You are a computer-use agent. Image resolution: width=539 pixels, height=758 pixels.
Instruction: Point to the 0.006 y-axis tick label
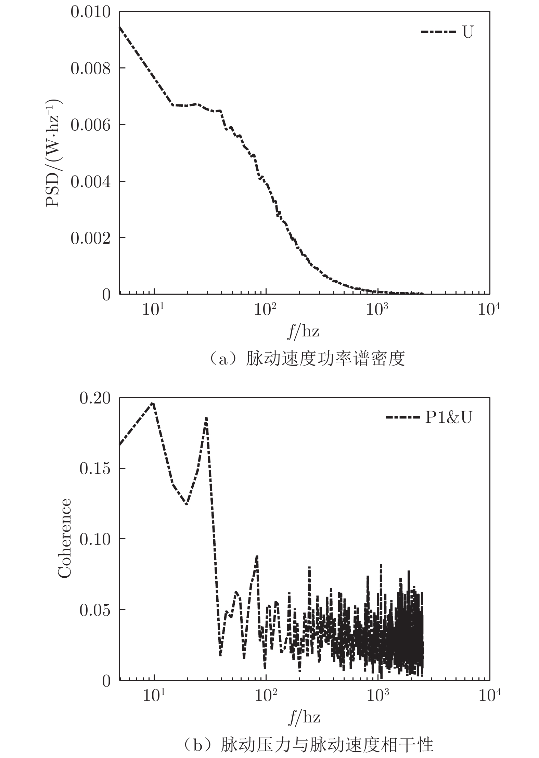(x=91, y=125)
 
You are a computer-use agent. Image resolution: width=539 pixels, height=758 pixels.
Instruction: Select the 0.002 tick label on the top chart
(x=91, y=238)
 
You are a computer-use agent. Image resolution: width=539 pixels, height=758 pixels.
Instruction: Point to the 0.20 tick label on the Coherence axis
(x=95, y=399)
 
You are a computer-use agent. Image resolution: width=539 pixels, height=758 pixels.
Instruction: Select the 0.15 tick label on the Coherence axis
(x=95, y=469)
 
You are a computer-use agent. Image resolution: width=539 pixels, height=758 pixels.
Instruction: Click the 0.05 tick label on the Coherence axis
(x=95, y=611)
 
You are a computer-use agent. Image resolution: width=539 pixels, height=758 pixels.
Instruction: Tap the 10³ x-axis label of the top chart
(x=377, y=310)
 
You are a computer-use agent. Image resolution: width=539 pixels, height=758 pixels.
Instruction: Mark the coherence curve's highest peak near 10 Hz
(x=153, y=403)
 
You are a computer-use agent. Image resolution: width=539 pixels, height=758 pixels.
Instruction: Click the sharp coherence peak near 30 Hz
(x=206, y=418)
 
